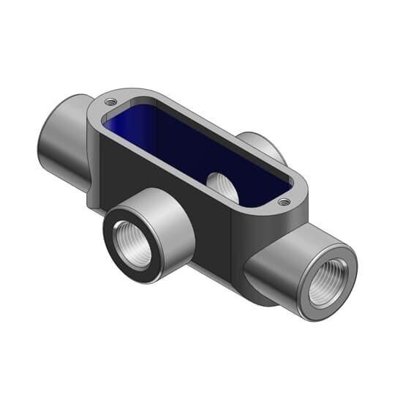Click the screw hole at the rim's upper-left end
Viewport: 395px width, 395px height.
(x=110, y=102)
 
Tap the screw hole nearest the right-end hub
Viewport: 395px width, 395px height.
(x=283, y=201)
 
